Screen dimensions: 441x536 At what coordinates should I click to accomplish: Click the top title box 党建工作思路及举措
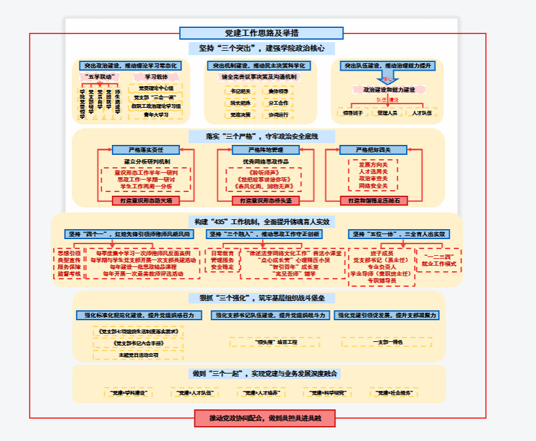[x=261, y=33]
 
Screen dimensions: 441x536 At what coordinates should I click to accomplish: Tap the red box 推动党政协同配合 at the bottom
[x=265, y=419]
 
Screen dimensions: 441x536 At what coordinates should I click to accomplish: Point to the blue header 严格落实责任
[x=145, y=150]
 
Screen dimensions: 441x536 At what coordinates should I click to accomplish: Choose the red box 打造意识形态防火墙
[x=146, y=201]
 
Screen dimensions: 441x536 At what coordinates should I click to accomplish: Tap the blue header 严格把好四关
[x=373, y=150]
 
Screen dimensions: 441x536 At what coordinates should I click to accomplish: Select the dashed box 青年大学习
[x=155, y=115]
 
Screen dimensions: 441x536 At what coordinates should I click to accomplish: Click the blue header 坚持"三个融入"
[x=264, y=234]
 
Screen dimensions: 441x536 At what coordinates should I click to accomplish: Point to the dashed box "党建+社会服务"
[x=393, y=393]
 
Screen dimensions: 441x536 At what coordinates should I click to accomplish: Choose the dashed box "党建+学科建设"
[x=128, y=393]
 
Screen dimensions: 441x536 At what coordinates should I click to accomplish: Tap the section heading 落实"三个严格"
[x=261, y=136]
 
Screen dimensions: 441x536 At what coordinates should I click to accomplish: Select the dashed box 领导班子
[x=350, y=113]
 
